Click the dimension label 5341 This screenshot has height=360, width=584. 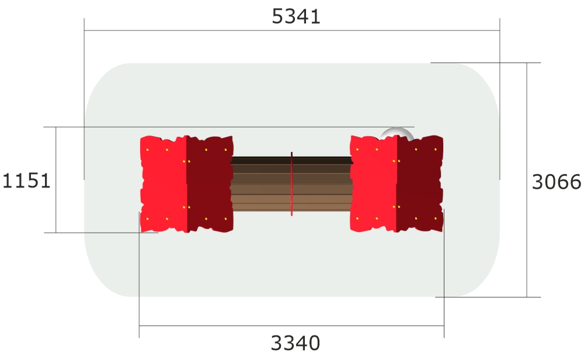click(x=296, y=16)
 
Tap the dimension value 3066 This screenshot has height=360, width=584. click(x=557, y=182)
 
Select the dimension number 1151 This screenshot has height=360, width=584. click(x=26, y=181)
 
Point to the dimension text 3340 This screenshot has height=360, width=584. click(x=296, y=343)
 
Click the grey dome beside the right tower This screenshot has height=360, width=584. click(x=397, y=133)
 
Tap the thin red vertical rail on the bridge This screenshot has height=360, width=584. click(x=291, y=184)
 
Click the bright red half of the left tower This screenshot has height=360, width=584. click(x=164, y=184)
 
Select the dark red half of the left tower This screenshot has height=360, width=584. click(x=210, y=184)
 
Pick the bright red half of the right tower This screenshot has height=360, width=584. click(x=374, y=184)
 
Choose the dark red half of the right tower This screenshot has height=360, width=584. click(x=420, y=184)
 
